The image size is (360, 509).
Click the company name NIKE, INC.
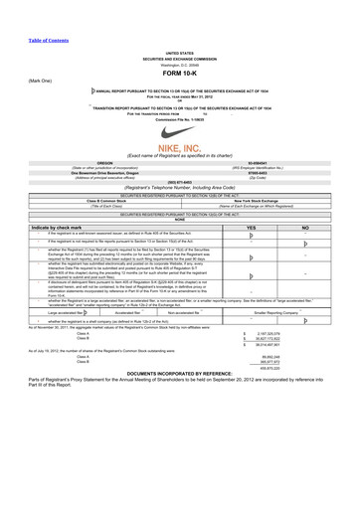pos(180,146)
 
